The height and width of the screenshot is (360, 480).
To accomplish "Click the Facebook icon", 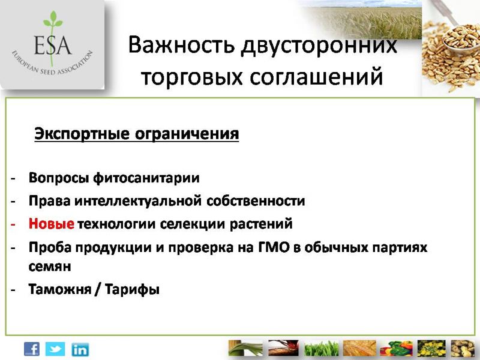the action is [x=32, y=349].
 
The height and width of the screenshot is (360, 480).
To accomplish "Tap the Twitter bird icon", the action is [x=55, y=349].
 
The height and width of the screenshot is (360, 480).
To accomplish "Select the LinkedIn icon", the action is [x=80, y=350].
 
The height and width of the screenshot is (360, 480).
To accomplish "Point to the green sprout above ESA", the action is [x=53, y=20].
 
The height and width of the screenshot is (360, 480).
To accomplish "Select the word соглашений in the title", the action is [x=316, y=77].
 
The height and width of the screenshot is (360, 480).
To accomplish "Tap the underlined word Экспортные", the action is [x=82, y=134].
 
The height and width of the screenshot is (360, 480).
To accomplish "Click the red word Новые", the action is [x=51, y=224].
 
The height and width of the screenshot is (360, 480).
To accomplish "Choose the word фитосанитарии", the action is [x=146, y=178].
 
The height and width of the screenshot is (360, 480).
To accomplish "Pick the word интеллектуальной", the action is [x=138, y=201].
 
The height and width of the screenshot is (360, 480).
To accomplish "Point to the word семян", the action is [x=50, y=266].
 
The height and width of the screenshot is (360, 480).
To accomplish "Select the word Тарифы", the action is [x=132, y=289].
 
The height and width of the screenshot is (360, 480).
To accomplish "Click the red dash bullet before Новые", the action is [x=13, y=224].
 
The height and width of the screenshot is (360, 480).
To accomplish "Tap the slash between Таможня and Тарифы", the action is [x=98, y=289].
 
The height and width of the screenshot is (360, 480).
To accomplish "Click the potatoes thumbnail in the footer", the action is [x=463, y=349].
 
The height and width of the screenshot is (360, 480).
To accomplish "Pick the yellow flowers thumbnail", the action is [x=431, y=349].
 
